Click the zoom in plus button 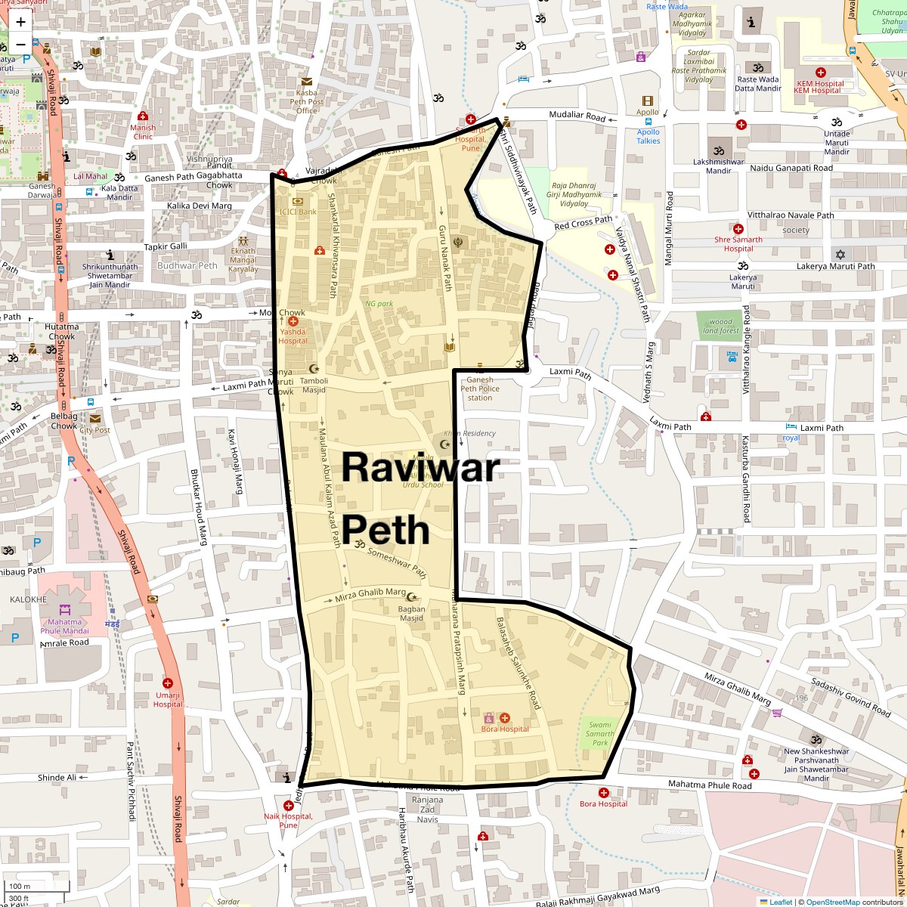pos(20,22)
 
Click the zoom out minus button pos(20,44)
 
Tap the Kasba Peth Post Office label pos(306,101)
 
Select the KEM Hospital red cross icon pos(820,73)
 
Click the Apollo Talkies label pos(648,136)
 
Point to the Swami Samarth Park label pos(599,733)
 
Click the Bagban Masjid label pos(411,613)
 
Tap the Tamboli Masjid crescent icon pos(304,369)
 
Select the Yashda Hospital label pos(293,336)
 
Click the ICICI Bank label pos(298,212)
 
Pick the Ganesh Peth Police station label pos(480,388)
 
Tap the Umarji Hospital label pos(168,699)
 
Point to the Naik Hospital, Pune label pos(288,820)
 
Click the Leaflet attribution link pos(781,902)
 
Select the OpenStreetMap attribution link pos(832,902)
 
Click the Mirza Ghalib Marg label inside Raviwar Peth pos(370,596)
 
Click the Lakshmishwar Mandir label pos(718,166)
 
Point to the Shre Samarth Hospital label pos(738,244)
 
